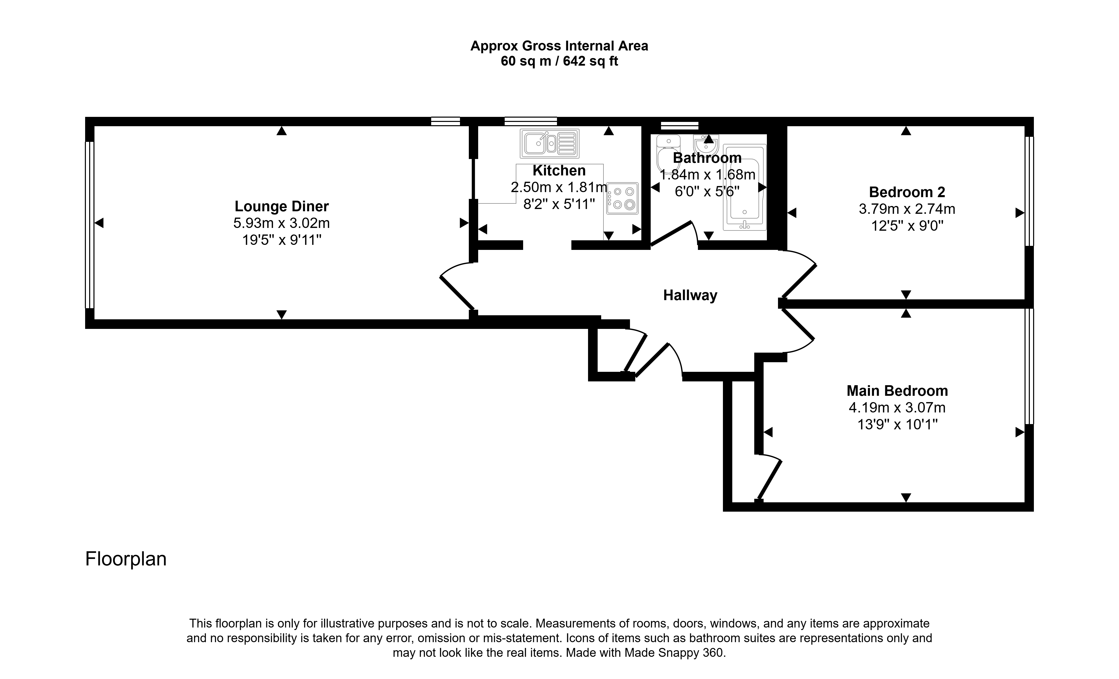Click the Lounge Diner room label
coord(282,206)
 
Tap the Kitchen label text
coord(559,171)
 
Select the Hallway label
coord(690,296)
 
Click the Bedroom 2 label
coord(907,192)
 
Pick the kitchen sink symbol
coord(549,143)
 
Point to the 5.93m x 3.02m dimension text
coord(282,223)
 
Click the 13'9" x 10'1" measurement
coord(897,424)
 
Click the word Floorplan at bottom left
coord(126,559)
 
